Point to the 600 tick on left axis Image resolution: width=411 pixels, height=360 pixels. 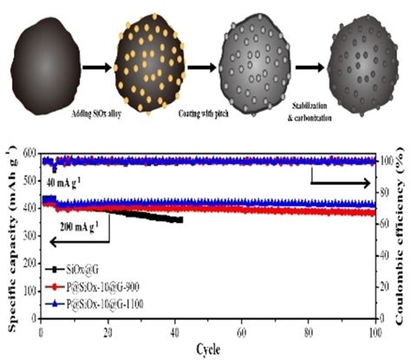pyautogui.click(x=31, y=154)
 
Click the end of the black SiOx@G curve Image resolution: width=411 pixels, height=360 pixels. pyautogui.click(x=180, y=220)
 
